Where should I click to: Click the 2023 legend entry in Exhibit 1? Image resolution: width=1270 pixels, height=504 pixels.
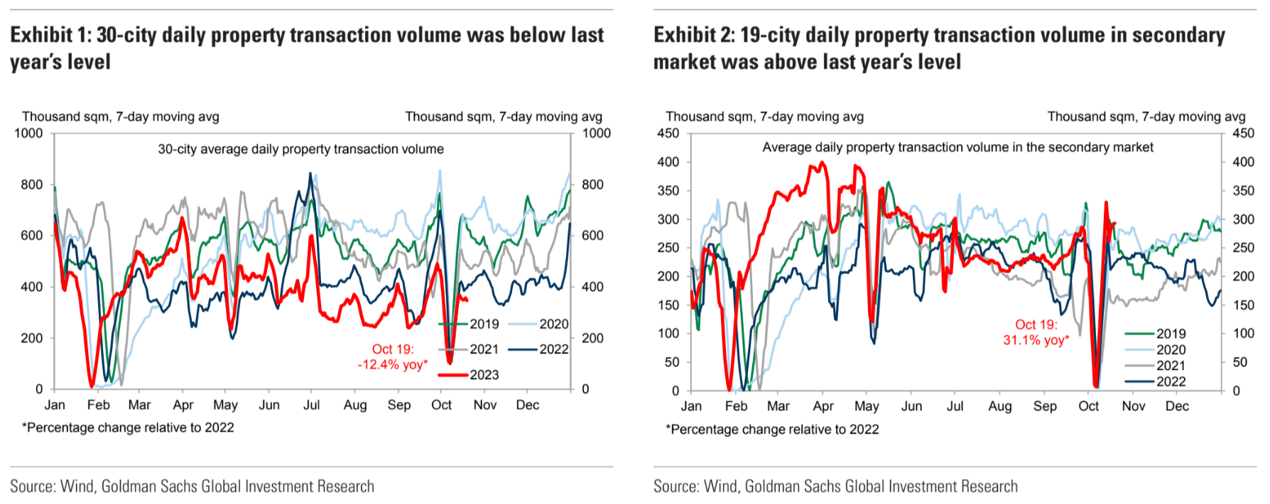[x=484, y=375]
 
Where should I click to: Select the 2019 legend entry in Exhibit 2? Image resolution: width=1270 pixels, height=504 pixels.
[x=1171, y=334]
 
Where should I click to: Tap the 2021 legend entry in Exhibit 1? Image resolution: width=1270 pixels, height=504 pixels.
[x=484, y=349]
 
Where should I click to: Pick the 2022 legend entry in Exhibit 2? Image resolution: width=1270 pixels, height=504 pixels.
[x=1171, y=382]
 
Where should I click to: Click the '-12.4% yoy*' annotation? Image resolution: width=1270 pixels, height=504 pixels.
[x=393, y=365]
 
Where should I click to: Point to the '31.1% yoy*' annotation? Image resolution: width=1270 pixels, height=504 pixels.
[x=1036, y=340]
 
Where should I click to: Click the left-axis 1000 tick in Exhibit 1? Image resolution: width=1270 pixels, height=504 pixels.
[x=28, y=133]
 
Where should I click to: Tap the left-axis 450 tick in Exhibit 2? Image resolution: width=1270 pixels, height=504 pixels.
[x=668, y=133]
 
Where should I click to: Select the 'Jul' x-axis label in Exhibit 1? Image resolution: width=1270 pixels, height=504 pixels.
[x=311, y=405]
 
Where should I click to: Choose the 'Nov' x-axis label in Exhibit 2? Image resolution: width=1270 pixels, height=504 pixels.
[x=1133, y=406]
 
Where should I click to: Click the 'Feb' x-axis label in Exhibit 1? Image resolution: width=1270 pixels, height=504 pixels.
[x=98, y=405]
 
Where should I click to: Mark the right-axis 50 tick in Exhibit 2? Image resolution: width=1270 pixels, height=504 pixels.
[x=1239, y=362]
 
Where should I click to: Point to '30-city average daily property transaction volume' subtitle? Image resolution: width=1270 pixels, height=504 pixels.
[x=300, y=149]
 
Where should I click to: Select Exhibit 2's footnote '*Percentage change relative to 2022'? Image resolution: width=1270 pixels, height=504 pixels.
[x=772, y=429]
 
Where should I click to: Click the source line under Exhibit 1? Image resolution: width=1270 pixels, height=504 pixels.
[x=192, y=486]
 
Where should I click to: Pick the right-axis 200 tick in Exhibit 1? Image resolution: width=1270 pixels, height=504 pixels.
[x=592, y=339]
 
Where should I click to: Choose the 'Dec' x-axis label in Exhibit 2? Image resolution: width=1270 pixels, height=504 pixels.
[x=1176, y=406]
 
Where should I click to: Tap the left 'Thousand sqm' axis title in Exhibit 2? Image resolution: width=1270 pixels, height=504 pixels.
[x=764, y=116]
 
